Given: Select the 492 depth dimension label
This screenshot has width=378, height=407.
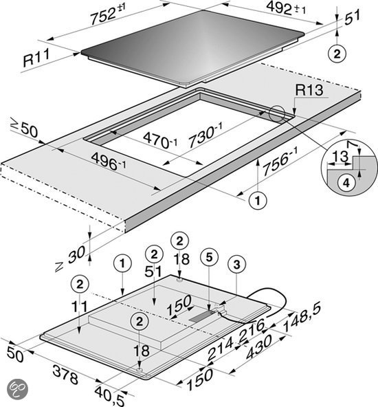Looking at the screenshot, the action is [286, 8].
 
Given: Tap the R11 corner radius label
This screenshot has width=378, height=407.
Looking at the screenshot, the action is [36, 58].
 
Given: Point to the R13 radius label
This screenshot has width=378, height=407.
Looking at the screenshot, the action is [309, 90].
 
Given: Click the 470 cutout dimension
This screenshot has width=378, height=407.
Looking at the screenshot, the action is [160, 140].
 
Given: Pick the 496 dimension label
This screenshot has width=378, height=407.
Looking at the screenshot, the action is [109, 161].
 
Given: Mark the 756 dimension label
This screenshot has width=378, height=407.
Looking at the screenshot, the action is [280, 161].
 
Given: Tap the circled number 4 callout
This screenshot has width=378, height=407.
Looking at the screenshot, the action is [346, 183].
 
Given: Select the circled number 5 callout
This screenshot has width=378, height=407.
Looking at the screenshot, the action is [209, 257].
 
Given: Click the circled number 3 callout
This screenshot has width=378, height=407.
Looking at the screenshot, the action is [236, 265].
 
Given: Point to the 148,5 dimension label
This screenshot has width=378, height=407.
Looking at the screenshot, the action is [302, 316].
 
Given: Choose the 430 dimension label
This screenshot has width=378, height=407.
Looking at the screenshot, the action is [258, 346].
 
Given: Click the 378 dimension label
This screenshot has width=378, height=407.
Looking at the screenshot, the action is [65, 374].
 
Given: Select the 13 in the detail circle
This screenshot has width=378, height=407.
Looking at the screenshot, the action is [340, 157].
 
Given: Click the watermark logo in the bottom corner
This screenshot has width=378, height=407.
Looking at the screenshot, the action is [17, 390].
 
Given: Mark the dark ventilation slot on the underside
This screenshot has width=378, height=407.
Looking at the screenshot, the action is [202, 317].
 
